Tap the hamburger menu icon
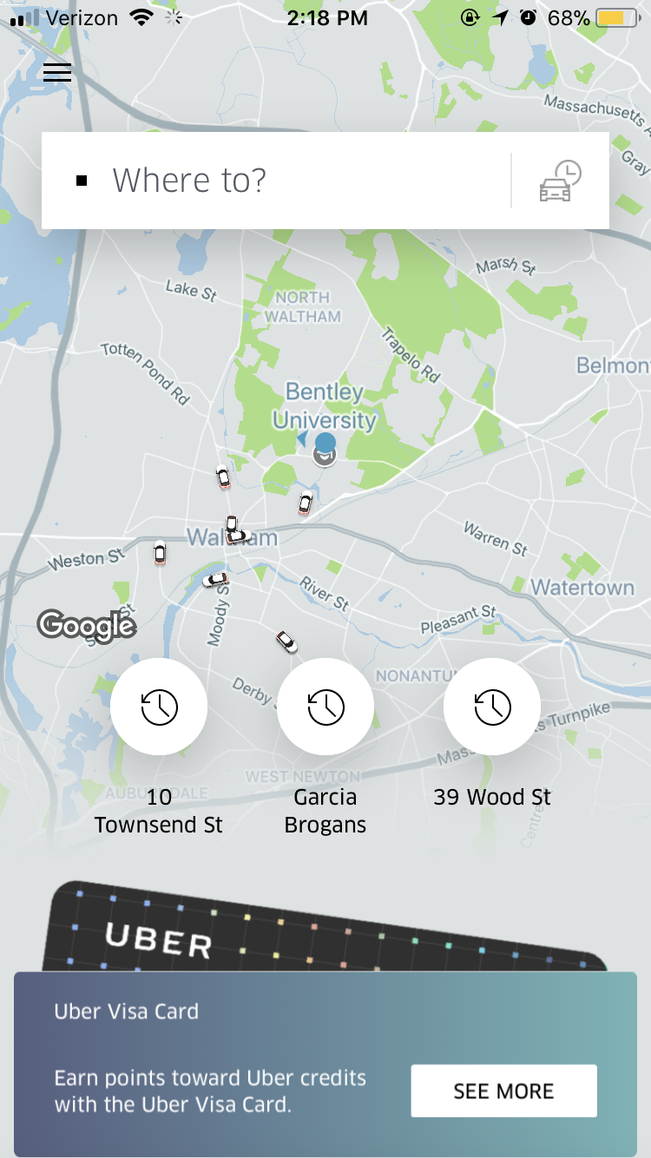coord(57,72)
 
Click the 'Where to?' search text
coord(189,181)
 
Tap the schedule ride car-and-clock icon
coord(560,181)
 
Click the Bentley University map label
coord(324,405)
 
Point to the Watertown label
coord(582,588)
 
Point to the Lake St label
coord(191,290)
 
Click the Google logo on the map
coord(87,624)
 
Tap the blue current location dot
coord(325,444)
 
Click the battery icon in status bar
coord(619,18)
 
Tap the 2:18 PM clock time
coord(326,18)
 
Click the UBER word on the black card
coord(159,940)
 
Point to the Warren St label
coord(496,538)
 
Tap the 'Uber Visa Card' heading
coord(127,1011)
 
